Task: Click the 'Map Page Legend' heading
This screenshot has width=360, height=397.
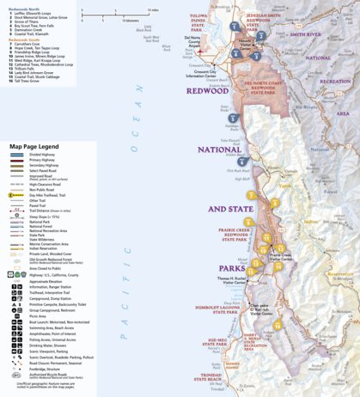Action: click(x=34, y=147)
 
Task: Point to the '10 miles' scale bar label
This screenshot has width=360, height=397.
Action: click(x=154, y=10)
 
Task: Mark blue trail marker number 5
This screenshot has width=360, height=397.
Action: click(x=233, y=118)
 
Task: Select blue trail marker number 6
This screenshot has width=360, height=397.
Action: click(x=242, y=162)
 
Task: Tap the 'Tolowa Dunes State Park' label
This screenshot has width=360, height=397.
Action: click(x=203, y=29)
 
